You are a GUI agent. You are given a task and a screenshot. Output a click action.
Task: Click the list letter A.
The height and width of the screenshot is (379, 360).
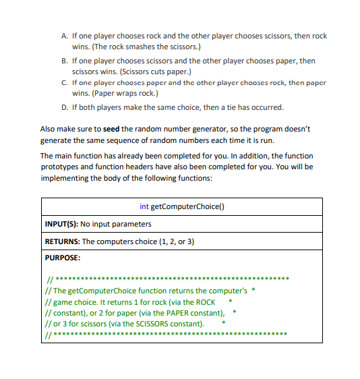coord(63,36)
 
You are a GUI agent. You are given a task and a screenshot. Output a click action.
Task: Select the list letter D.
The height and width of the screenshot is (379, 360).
coord(63,107)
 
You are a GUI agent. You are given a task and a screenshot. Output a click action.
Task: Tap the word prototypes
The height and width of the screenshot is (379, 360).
coord(62,166)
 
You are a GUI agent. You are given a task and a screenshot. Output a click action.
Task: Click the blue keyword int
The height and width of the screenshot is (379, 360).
coord(144,206)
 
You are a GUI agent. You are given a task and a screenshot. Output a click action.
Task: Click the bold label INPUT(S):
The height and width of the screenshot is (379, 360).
coord(61,223)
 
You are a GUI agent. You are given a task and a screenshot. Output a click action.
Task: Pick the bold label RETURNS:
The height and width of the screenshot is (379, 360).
coord(62,241)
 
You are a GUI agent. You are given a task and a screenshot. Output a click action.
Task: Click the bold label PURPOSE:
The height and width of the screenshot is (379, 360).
coord(63,258)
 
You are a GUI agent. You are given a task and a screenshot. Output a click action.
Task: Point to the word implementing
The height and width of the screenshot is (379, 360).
coord(65,177)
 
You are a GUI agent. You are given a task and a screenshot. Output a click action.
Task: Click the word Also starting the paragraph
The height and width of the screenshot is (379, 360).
coord(49,129)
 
